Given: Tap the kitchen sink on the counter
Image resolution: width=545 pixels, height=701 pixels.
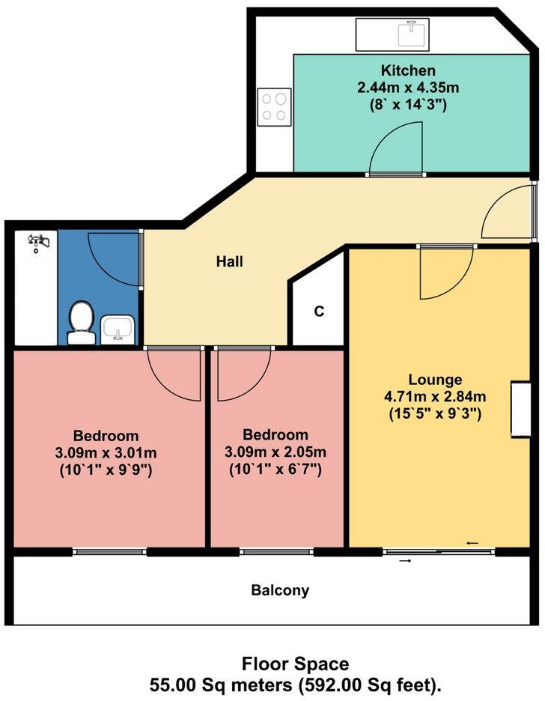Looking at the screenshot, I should [409, 33].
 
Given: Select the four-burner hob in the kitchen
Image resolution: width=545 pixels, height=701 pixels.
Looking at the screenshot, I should [274, 106].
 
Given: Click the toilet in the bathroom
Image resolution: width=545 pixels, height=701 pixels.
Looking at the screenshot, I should [80, 323].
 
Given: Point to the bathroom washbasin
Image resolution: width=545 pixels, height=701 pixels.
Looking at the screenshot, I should [118, 328].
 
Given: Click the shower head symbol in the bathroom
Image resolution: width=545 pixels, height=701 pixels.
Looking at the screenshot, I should [37, 242].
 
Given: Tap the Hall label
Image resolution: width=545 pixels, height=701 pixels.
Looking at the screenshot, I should [229, 262].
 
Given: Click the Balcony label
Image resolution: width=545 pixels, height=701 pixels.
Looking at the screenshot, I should [279, 590].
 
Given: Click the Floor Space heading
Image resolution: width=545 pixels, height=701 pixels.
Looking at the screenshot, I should [294, 664].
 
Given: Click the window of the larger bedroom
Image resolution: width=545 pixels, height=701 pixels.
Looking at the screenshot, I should [110, 553].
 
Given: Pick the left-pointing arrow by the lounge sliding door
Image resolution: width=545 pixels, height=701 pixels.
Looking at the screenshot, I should [472, 543].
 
